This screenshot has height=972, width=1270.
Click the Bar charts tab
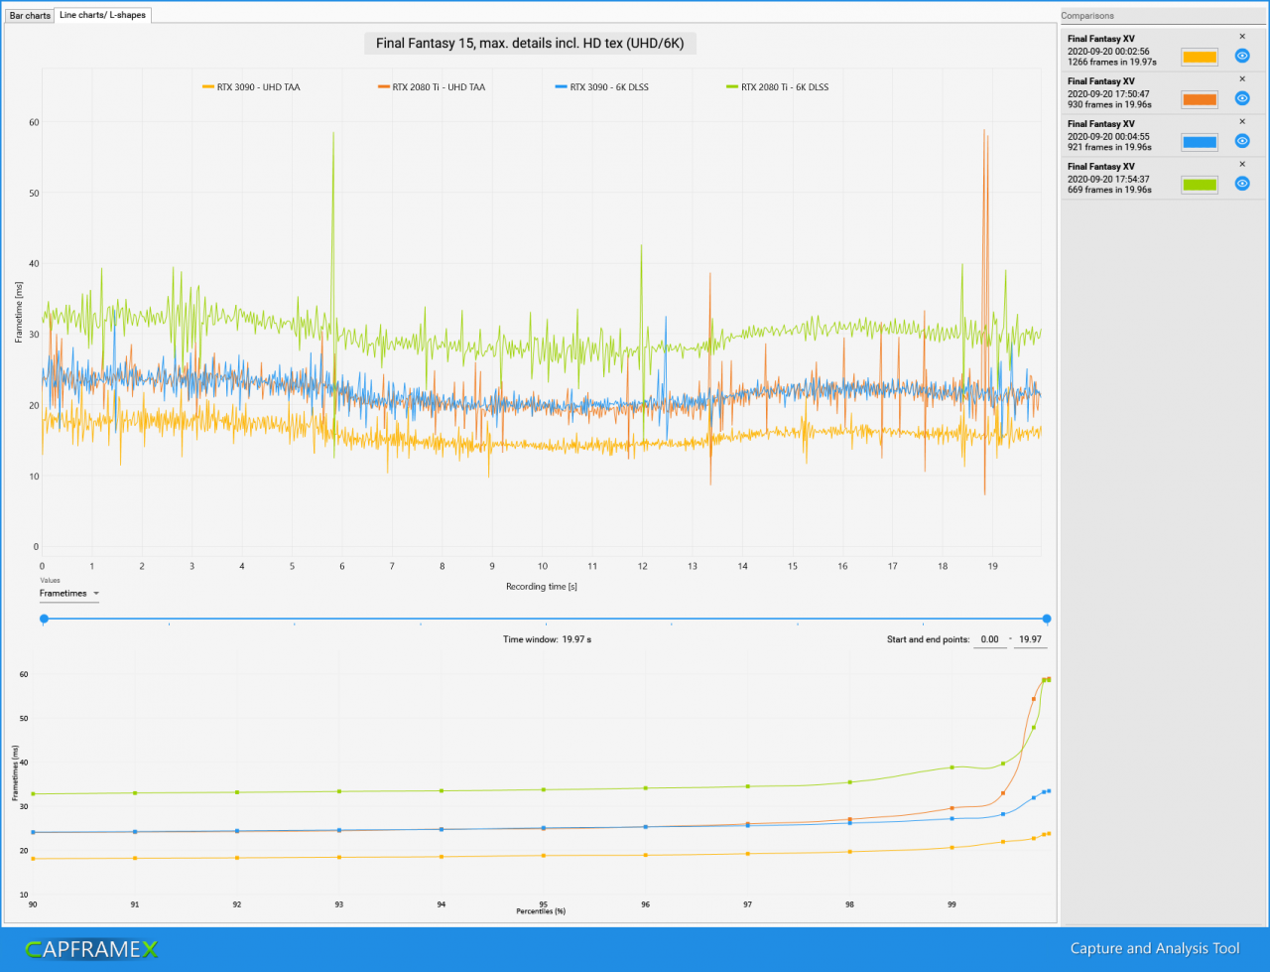[30, 16]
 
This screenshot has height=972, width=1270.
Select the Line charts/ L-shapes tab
[102, 15]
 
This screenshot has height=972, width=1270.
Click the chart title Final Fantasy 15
[530, 44]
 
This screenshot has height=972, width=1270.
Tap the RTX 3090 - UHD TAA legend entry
[251, 87]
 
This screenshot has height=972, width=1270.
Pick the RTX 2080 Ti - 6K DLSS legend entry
[777, 87]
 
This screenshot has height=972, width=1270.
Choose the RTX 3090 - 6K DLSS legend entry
[601, 87]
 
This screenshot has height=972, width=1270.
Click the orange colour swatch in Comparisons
[1199, 99]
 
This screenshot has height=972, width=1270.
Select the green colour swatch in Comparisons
[1199, 185]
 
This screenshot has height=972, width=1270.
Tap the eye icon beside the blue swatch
[1241, 141]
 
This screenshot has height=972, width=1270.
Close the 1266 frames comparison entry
[1241, 37]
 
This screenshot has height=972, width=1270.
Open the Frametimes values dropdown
[68, 594]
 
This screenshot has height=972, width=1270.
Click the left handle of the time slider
[44, 619]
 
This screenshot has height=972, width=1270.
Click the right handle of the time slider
[1046, 619]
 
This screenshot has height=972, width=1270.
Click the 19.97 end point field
[1030, 639]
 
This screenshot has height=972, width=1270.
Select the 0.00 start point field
[989, 639]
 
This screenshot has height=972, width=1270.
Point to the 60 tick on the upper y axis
[34, 122]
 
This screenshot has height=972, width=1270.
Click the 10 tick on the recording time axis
[542, 566]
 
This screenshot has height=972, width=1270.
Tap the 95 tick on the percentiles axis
[543, 903]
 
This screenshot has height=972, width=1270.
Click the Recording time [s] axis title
[541, 587]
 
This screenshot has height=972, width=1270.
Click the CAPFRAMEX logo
[91, 949]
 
